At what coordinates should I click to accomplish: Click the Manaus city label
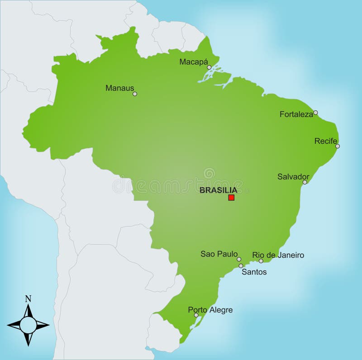[x=119, y=88]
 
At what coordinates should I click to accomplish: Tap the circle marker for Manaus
[x=134, y=94]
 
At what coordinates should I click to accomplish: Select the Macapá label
[x=194, y=62]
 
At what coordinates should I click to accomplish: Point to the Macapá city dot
[x=209, y=67]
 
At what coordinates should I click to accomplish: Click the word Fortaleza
[x=296, y=114]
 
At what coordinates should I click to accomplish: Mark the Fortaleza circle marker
[x=315, y=113]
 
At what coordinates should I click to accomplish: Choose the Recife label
[x=326, y=141]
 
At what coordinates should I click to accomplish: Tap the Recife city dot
[x=338, y=146]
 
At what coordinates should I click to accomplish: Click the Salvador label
[x=293, y=176]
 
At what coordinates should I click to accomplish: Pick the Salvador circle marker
[x=305, y=182]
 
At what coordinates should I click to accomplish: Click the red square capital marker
[x=231, y=198]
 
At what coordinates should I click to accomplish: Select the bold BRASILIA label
[x=218, y=190]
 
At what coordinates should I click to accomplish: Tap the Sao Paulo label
[x=219, y=254]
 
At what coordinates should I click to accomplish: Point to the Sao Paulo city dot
[x=239, y=259]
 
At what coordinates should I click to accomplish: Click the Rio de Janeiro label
[x=278, y=255]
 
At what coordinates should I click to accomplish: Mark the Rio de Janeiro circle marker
[x=261, y=261]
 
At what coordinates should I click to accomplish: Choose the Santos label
[x=254, y=272]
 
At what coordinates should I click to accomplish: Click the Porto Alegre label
[x=210, y=310]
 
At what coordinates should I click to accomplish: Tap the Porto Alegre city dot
[x=196, y=315]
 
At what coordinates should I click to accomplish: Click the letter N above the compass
[x=28, y=298]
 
